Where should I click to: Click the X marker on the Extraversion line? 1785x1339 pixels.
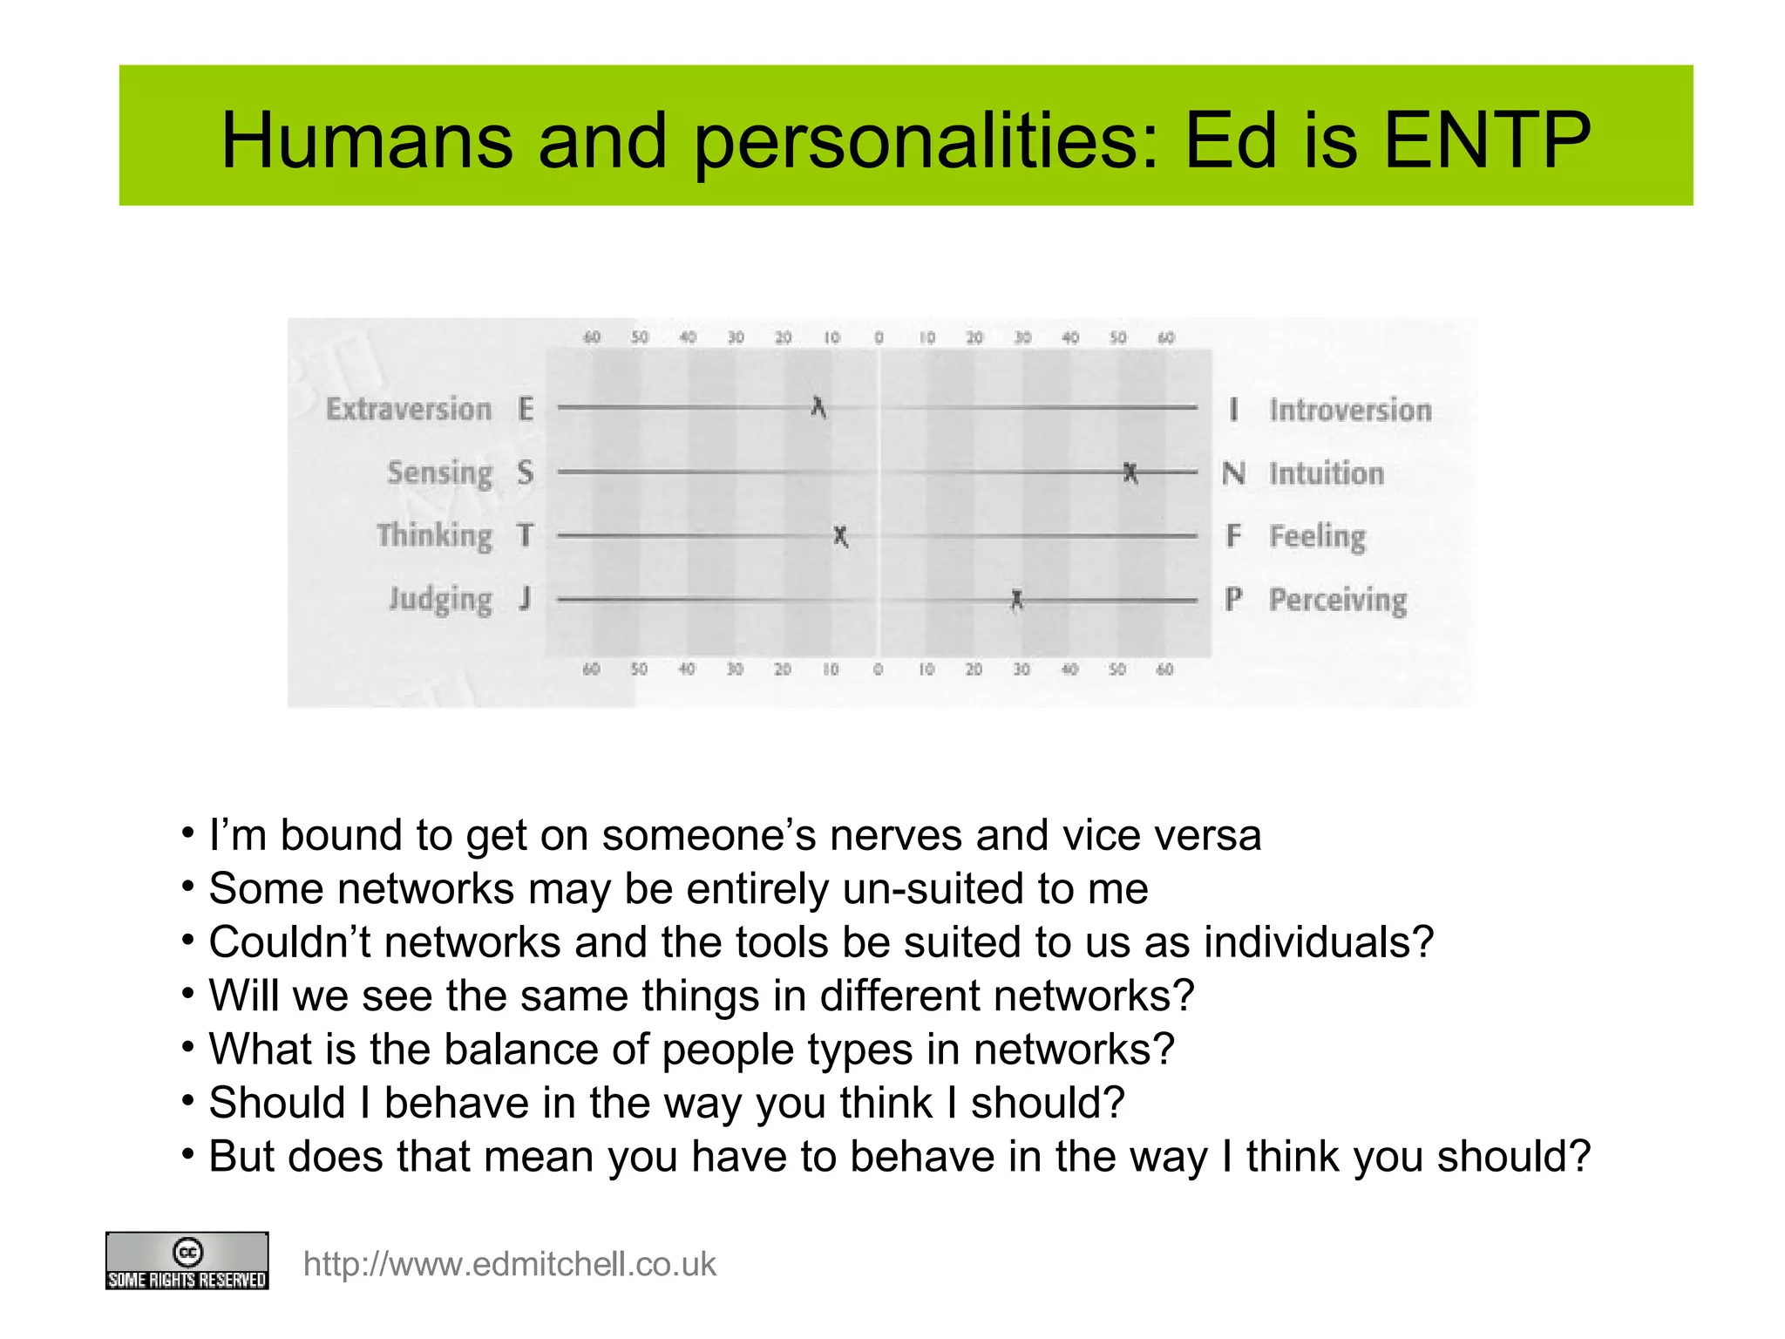point(818,407)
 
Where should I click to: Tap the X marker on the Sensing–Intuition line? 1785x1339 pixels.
point(1130,472)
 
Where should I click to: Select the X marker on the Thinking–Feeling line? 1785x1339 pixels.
point(840,536)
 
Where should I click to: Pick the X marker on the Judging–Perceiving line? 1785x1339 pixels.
point(1016,600)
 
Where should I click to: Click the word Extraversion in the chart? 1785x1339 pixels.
point(409,409)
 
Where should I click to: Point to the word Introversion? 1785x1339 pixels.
point(1350,410)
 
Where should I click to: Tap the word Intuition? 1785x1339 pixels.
point(1327,473)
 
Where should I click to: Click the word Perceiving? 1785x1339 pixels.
point(1338,600)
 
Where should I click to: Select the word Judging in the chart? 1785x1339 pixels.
point(440,600)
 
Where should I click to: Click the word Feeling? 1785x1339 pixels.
point(1317,536)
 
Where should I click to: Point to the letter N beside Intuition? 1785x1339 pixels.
point(1233,473)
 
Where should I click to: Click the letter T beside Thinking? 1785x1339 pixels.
point(525,535)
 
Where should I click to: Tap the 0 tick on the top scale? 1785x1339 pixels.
point(879,337)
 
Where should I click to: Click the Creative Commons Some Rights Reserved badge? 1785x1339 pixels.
point(187,1261)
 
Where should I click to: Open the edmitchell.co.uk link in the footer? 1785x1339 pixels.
point(509,1264)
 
